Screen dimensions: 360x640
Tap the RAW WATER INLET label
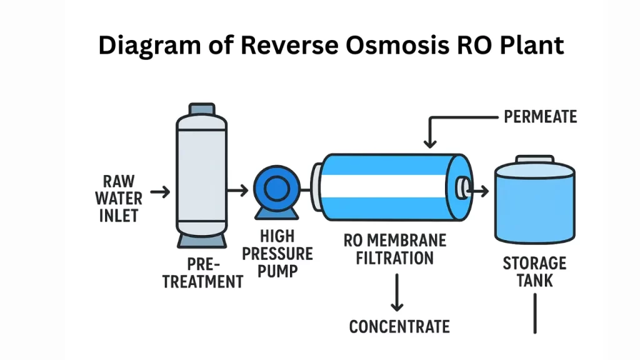119,199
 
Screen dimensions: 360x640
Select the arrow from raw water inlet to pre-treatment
160,192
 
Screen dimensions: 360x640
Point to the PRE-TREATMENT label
202,274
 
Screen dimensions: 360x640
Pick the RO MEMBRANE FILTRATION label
395,249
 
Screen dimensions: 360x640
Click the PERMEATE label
540,116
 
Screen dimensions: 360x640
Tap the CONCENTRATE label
399,326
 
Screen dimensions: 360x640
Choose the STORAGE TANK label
534,271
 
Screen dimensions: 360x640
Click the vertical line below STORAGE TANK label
535,313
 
